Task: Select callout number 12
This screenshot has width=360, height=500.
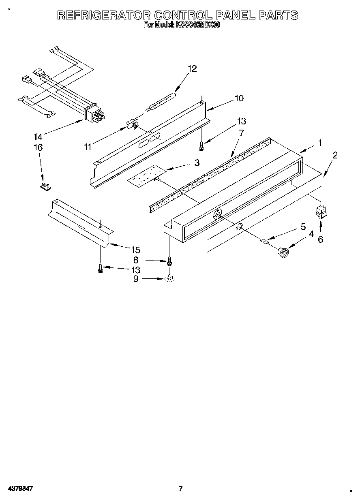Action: click(x=192, y=69)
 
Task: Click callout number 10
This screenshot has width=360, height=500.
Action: click(x=239, y=98)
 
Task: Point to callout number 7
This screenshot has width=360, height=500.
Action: click(x=242, y=132)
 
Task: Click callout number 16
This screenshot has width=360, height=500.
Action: click(x=38, y=148)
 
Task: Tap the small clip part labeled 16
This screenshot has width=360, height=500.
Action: click(x=45, y=186)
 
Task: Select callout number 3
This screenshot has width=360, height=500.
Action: click(x=197, y=163)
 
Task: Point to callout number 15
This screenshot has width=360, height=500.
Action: click(x=136, y=250)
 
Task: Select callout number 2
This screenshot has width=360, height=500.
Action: click(x=335, y=155)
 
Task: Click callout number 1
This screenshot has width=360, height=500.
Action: click(x=320, y=143)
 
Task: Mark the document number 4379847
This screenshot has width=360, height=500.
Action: click(x=20, y=489)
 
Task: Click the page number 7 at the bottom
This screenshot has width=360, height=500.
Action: click(x=181, y=489)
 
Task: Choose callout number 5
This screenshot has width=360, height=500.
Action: click(x=303, y=227)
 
